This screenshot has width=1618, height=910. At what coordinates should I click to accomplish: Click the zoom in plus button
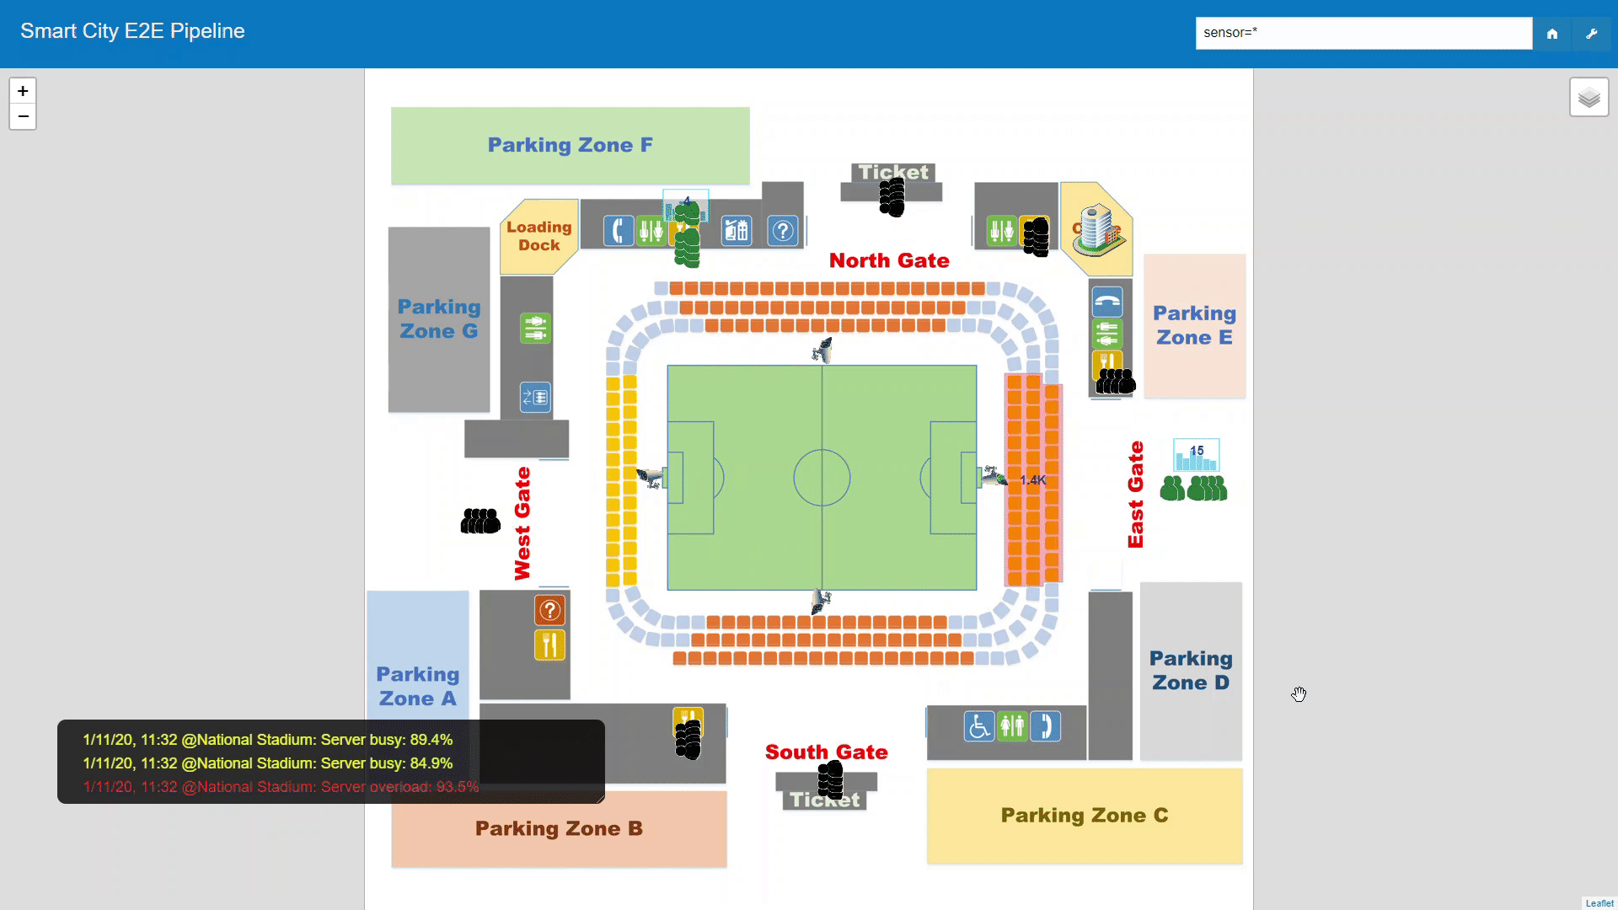[23, 91]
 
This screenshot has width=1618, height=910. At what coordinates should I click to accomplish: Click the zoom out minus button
[23, 116]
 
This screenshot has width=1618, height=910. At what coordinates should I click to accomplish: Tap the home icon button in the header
[1552, 34]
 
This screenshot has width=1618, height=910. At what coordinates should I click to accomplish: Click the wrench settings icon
[1592, 34]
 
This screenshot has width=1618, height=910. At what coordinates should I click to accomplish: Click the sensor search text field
[1363, 33]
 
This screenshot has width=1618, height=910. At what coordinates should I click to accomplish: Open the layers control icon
[1589, 98]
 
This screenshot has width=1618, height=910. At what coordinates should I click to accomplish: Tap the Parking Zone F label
[570, 145]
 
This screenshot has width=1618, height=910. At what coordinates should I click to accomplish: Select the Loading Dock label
[538, 236]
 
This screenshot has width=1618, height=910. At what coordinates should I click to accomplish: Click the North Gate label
[889, 260]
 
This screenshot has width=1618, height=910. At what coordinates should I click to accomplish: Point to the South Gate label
[826, 752]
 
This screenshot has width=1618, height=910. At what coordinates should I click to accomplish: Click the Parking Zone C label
[1084, 815]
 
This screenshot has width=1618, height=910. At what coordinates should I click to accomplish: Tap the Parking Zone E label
[1194, 325]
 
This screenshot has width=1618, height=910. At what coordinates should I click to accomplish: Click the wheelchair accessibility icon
[978, 726]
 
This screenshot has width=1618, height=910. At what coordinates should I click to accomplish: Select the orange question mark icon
[549, 610]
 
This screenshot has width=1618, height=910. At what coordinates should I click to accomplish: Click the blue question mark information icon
[783, 231]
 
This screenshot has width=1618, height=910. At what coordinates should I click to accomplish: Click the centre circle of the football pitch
[822, 478]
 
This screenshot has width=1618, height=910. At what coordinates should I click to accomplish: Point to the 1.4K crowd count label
[1032, 480]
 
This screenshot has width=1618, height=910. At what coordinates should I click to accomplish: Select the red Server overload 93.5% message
[281, 787]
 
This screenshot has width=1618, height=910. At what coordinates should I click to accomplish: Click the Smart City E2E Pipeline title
[132, 31]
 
